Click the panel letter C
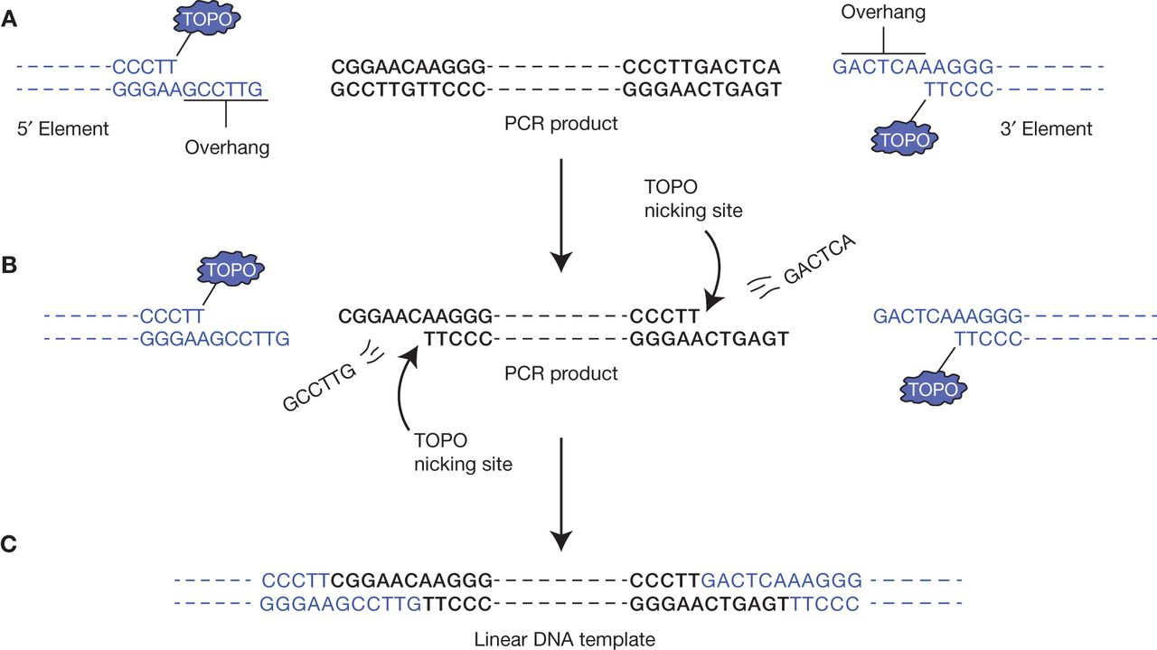click(10, 544)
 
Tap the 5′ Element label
click(62, 128)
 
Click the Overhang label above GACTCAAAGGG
click(883, 12)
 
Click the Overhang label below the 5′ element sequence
click(227, 147)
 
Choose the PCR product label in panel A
click(561, 123)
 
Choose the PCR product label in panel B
click(561, 372)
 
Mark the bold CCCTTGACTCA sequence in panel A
click(701, 67)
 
